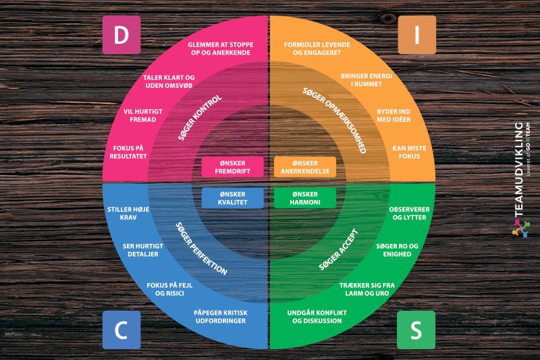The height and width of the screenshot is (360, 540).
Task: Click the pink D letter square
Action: coord(122,35)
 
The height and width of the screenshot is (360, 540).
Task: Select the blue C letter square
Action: coord(122,330)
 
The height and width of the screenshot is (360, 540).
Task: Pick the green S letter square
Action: coord(416,330)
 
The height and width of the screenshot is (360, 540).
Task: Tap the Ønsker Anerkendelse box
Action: coord(305,167)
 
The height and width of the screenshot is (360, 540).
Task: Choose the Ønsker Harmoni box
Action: coord(305,198)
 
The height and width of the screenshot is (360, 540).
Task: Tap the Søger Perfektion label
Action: coord(200,248)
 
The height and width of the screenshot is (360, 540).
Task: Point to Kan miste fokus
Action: coord(406,151)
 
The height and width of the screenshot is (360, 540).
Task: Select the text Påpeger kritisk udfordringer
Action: coord(221,316)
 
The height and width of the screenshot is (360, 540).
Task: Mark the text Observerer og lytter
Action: coord(409,214)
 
